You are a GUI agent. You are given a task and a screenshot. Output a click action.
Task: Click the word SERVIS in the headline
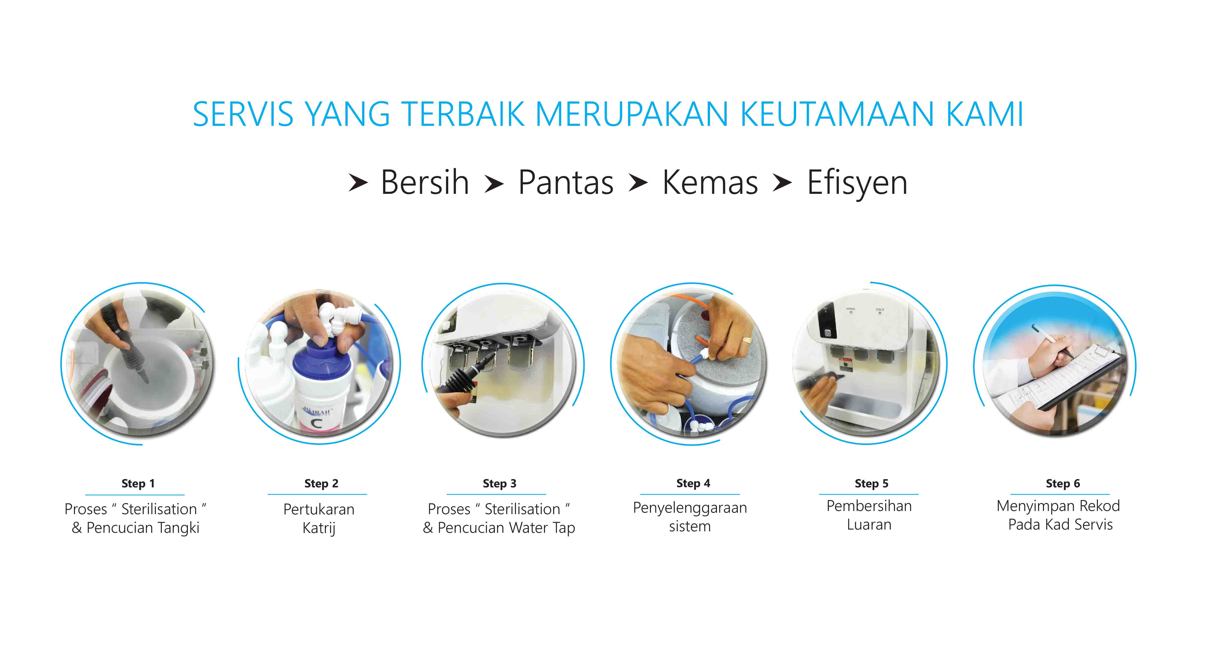[243, 114]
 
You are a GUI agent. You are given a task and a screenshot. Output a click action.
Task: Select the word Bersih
[425, 182]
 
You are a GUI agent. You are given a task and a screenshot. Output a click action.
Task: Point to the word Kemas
[710, 182]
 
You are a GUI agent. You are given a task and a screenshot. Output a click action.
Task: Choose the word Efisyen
[857, 184]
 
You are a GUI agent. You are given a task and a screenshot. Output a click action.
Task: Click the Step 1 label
[138, 483]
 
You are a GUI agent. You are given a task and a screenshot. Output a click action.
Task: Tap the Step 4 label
[693, 483]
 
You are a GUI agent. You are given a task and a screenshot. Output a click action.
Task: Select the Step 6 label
[1063, 483]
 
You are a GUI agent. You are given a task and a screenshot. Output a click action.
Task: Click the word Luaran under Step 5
[869, 525]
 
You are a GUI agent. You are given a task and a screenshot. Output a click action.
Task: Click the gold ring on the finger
[746, 339]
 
